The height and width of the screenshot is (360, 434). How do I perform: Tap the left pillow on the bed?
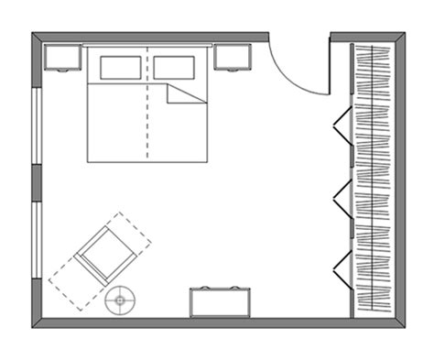point(121,68)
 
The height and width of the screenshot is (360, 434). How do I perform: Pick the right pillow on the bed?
point(175,68)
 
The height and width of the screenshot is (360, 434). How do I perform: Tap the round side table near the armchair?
point(119,300)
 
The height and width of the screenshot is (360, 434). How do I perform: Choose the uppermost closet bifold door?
point(342,125)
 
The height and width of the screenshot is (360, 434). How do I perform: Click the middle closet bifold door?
point(342,198)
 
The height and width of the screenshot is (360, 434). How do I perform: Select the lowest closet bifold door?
point(342,267)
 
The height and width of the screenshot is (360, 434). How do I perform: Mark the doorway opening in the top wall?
point(299,38)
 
